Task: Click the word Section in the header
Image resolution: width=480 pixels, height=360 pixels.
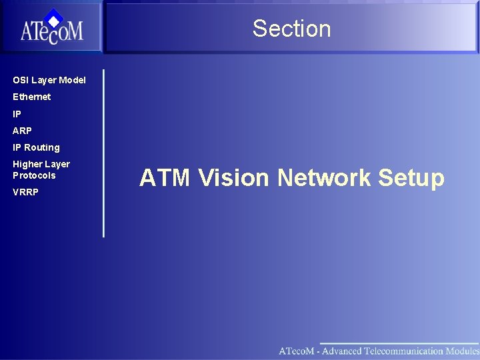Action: (291, 29)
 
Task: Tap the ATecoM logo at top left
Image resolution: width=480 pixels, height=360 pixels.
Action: (51, 28)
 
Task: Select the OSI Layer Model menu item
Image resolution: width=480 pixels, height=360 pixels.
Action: (49, 80)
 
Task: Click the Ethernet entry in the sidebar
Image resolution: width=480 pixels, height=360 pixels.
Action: (31, 97)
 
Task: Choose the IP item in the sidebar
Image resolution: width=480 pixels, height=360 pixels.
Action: (17, 114)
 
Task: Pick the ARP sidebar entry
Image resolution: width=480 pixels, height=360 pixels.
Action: (22, 131)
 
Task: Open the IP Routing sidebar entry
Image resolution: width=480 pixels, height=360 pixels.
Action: (36, 147)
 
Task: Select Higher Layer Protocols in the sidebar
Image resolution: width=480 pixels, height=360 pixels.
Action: (41, 170)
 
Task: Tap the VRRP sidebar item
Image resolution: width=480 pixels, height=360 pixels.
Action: (25, 192)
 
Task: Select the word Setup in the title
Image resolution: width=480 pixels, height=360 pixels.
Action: (411, 179)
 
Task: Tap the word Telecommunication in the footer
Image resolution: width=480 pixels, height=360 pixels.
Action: (404, 351)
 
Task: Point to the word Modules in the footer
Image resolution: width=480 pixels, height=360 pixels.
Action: (463, 351)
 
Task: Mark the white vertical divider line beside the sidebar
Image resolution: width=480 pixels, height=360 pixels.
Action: (104, 153)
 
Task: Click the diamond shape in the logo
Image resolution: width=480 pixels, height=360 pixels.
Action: (54, 17)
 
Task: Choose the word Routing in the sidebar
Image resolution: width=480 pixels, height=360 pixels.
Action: (42, 147)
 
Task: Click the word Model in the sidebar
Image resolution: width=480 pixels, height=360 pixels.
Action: (72, 80)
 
